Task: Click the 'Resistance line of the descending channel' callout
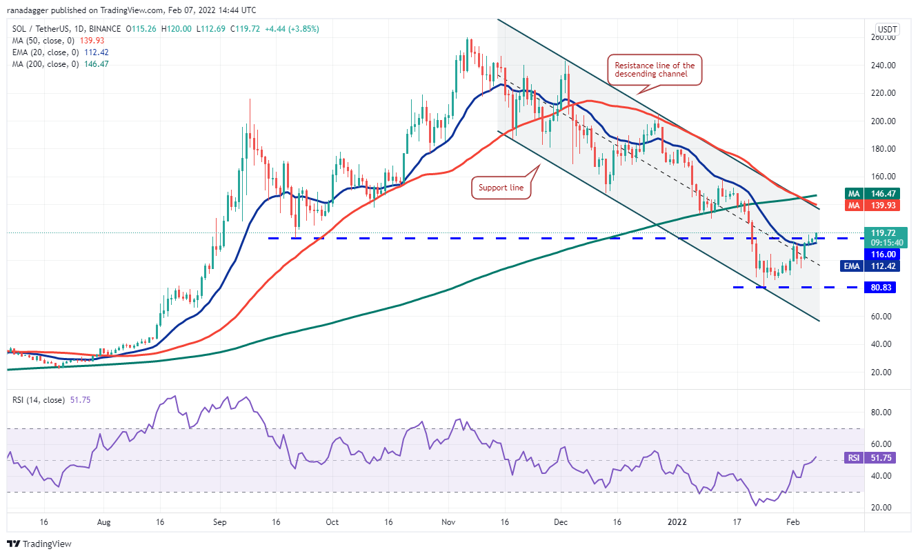coord(655,70)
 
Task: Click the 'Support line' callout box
coord(501,188)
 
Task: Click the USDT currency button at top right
coord(886,29)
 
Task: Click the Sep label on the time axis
coord(219,522)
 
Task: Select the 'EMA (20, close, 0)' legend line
coord(61,52)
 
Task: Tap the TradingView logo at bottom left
coord(39,544)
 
